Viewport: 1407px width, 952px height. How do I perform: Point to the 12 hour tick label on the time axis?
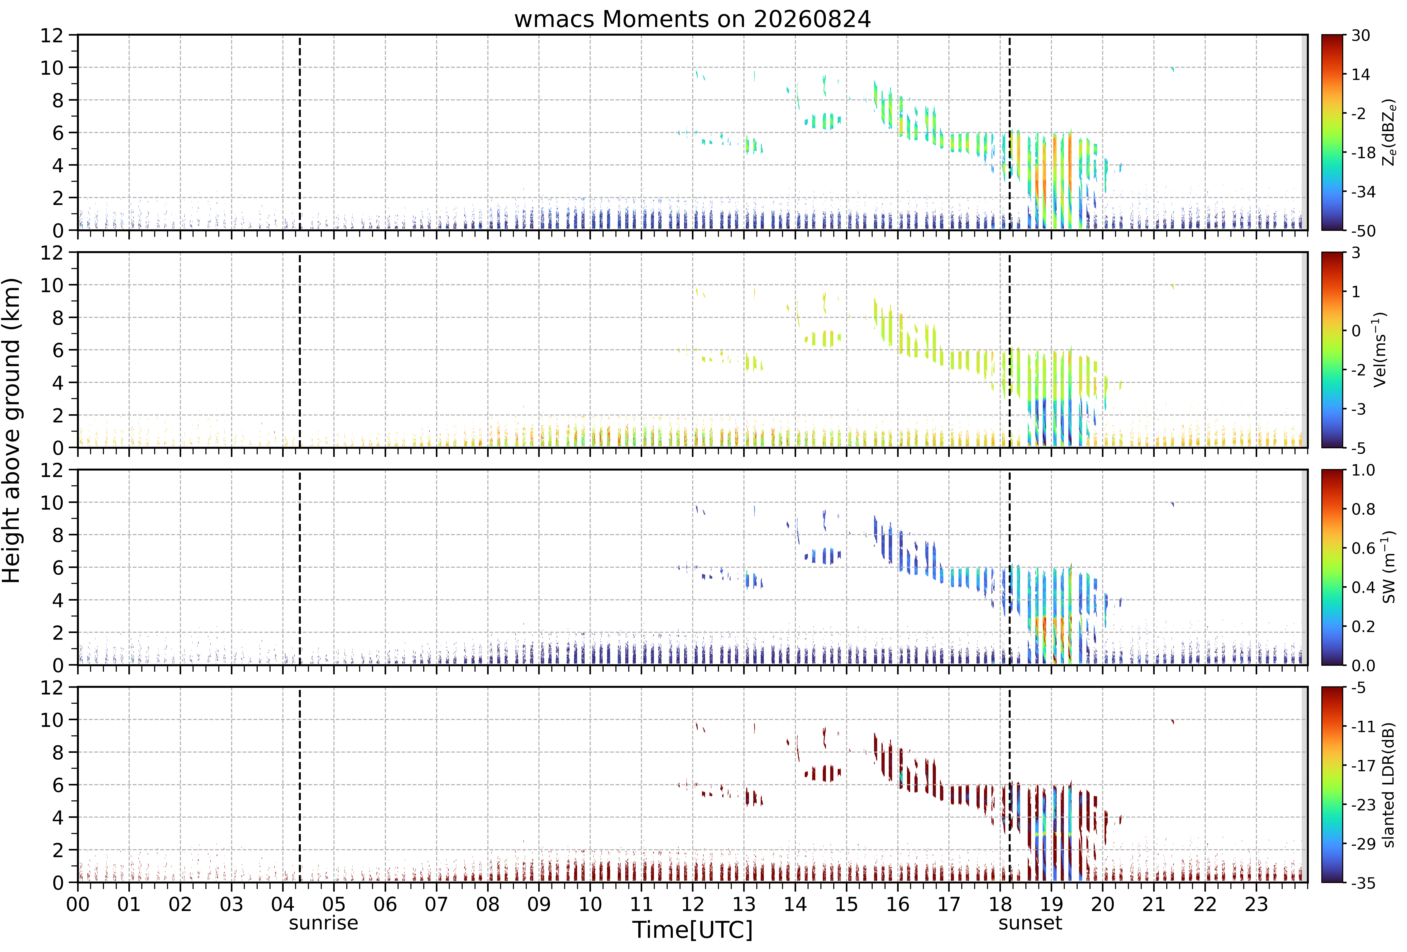[x=693, y=904]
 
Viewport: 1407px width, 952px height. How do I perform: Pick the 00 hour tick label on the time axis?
[x=78, y=904]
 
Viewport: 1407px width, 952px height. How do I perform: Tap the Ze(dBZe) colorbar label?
[x=1389, y=132]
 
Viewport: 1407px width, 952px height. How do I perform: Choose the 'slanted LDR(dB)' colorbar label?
[x=1389, y=785]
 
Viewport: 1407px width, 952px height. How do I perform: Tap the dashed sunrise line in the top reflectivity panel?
[x=300, y=132]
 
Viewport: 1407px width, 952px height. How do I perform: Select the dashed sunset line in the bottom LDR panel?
[x=1010, y=785]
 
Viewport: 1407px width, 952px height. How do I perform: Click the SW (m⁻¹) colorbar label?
[x=1389, y=567]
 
